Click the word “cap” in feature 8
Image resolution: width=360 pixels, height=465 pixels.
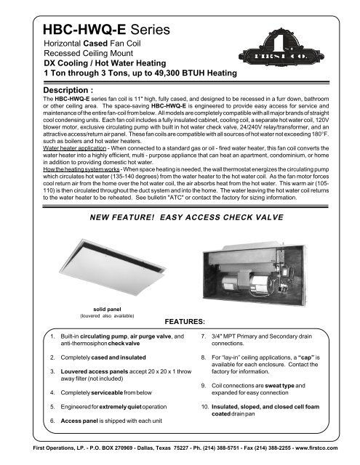[312, 358]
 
